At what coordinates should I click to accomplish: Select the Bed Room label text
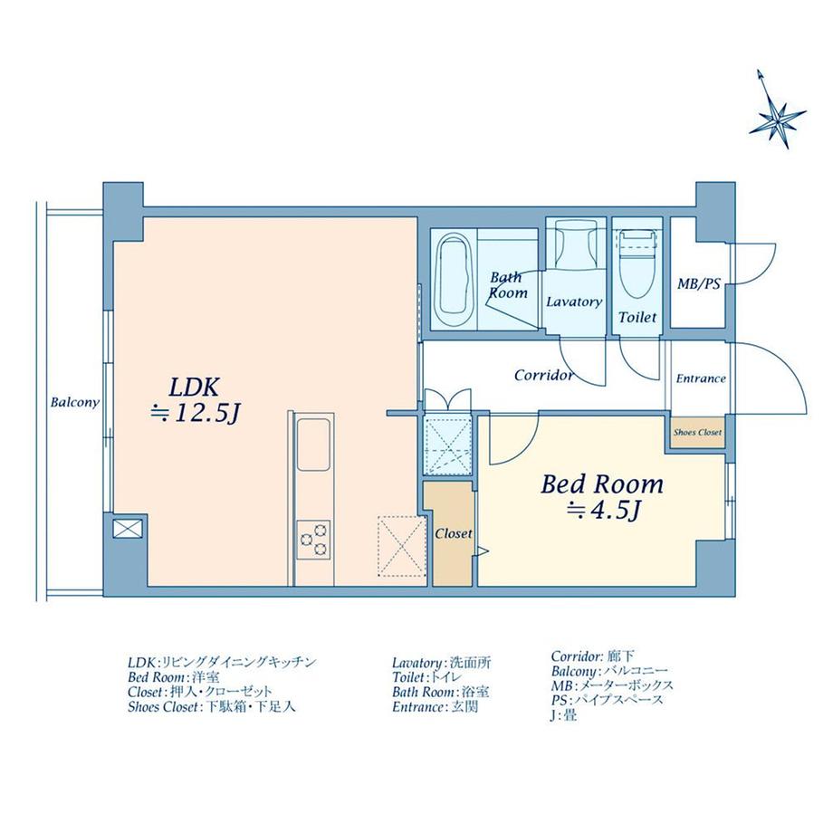coord(602,484)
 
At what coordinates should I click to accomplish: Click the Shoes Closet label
coord(697,433)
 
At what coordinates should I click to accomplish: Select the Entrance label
coord(700,378)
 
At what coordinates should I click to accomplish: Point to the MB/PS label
coord(698,284)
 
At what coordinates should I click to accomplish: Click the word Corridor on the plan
coord(543,374)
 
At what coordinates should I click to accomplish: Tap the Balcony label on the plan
coord(75,402)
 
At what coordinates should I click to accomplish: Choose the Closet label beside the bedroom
coord(453,533)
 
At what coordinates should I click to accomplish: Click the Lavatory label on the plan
coord(574,302)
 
